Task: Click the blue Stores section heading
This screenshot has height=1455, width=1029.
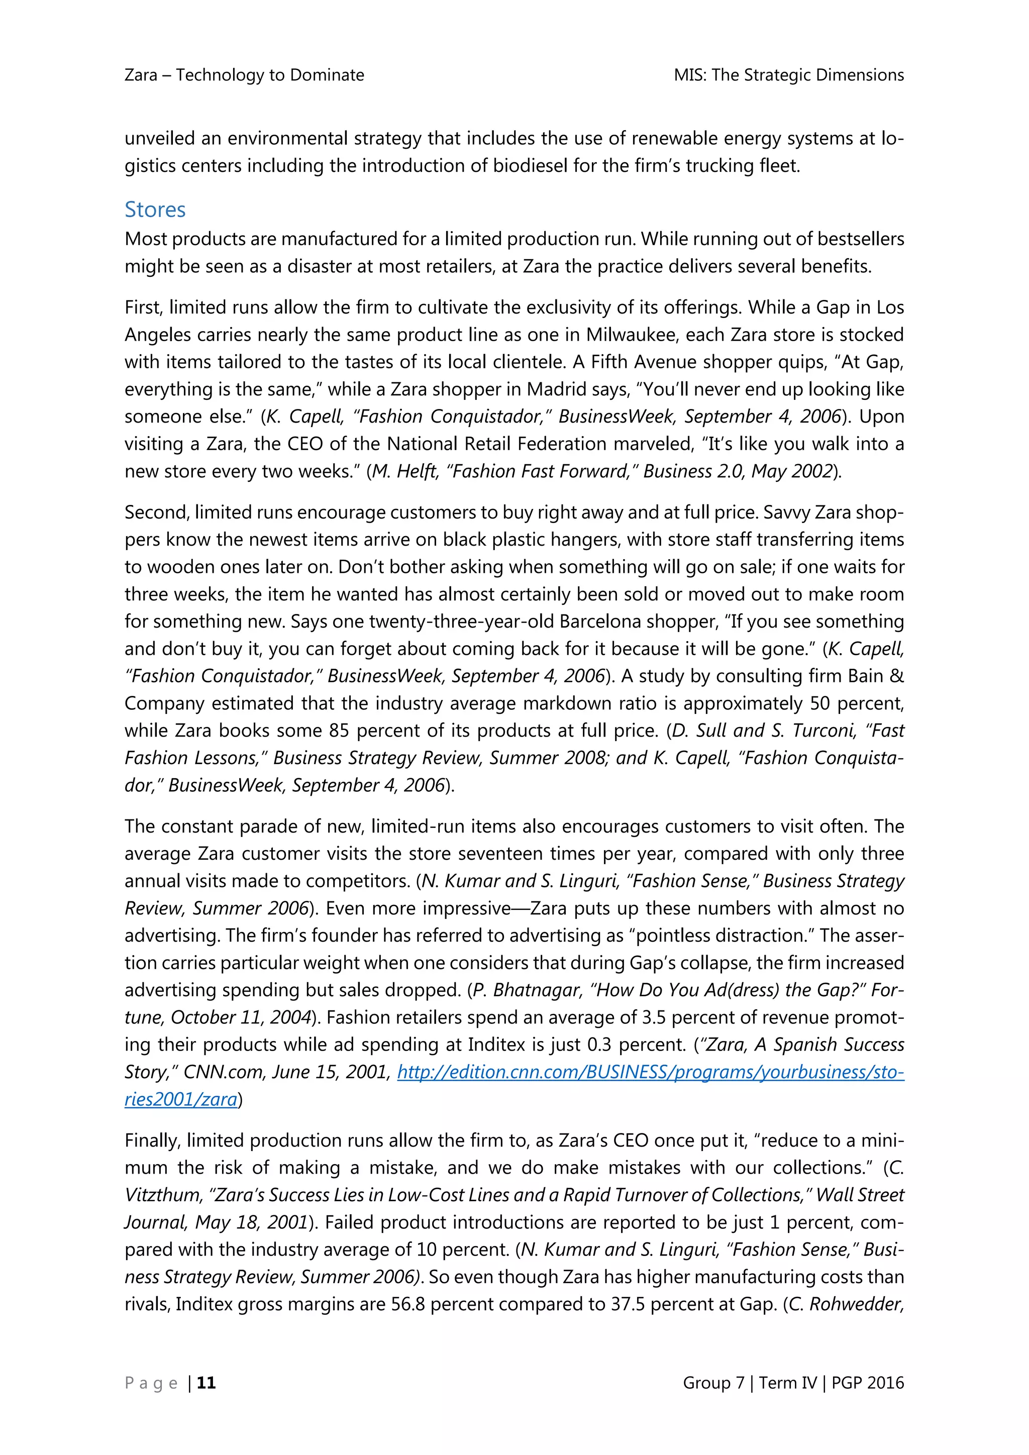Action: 155,210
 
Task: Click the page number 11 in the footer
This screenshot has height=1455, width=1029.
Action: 206,1382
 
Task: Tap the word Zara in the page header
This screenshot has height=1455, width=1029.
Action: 141,75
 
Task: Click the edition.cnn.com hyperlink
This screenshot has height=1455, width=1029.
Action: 650,1072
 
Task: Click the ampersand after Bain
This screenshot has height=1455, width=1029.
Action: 896,676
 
